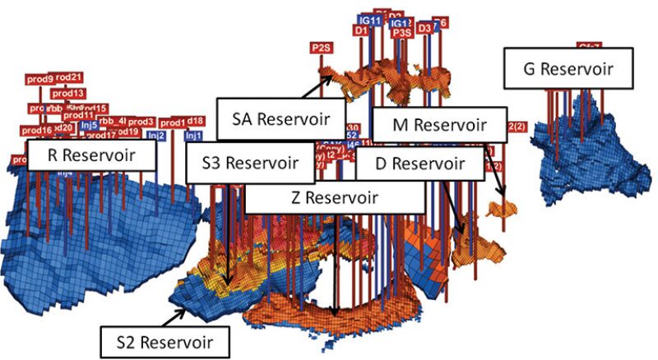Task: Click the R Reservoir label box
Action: [x=91, y=155]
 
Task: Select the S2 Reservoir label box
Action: [x=164, y=339]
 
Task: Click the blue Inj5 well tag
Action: [x=90, y=125]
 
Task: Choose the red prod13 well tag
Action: [x=69, y=94]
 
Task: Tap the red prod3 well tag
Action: [x=141, y=122]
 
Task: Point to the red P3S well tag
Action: [x=401, y=33]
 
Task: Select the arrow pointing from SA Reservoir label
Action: [x=318, y=86]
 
